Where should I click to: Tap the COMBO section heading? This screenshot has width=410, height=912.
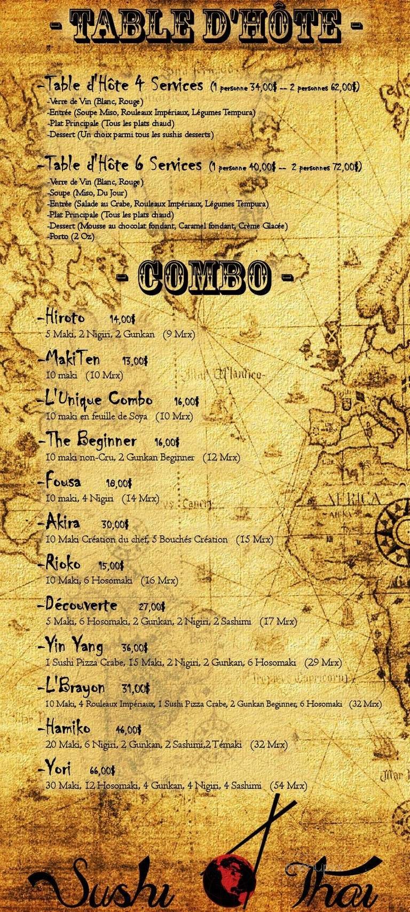[x=205, y=276]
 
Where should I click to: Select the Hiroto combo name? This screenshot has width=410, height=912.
[x=65, y=317]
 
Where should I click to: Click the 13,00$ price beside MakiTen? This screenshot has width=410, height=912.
[x=135, y=361]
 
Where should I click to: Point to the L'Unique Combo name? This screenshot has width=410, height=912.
[x=99, y=399]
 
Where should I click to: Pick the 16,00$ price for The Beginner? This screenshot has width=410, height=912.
[x=167, y=443]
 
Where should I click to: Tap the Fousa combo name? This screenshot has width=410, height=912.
[x=64, y=481]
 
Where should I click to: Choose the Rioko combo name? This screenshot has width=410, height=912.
[x=63, y=564]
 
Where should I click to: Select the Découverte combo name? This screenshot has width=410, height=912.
[x=81, y=605]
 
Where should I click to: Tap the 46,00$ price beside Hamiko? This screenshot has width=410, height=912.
[x=129, y=730]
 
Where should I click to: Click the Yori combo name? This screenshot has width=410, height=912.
[x=58, y=769]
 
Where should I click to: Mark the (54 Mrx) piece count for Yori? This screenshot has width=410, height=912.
[x=289, y=785]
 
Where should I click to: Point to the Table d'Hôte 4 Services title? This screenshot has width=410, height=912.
[x=124, y=85]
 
